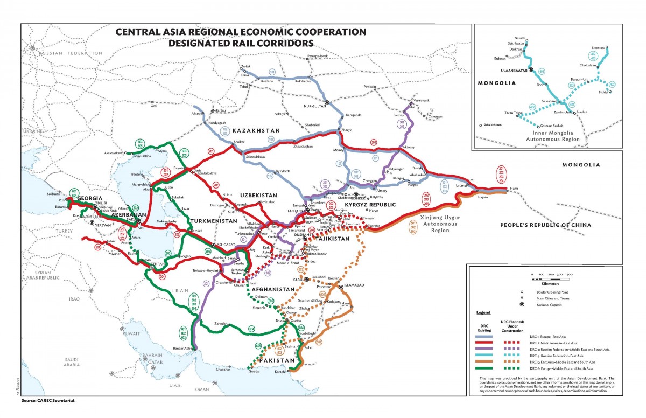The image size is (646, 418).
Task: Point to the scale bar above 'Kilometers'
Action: pyautogui.click(x=550, y=279)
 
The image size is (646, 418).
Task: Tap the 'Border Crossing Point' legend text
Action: pyautogui.click(x=565, y=291)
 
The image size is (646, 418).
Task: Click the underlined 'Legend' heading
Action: pyautogui.click(x=483, y=312)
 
